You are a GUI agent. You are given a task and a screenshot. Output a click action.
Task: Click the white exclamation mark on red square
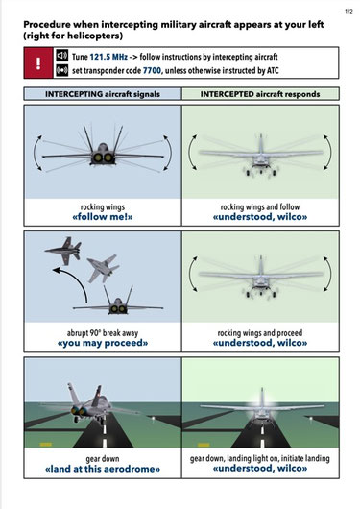38,63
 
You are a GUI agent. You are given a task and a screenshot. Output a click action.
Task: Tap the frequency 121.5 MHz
108,57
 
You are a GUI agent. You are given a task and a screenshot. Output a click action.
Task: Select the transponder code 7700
152,70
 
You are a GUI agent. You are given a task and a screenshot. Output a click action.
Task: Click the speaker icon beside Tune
61,56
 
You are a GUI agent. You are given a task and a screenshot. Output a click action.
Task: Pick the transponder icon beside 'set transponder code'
61,70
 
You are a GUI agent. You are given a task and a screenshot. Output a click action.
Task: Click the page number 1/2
348,12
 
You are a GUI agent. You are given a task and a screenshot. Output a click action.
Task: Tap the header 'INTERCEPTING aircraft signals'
103,94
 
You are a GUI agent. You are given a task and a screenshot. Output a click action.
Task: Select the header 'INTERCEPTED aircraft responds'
260,94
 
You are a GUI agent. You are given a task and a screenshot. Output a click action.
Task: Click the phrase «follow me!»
103,217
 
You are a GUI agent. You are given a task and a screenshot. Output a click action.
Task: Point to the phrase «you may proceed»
103,343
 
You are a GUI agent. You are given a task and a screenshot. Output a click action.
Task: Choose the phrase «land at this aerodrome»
103,469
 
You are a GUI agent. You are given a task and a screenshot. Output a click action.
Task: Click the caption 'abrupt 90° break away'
103,333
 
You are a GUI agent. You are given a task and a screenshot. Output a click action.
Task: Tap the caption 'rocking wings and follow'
260,207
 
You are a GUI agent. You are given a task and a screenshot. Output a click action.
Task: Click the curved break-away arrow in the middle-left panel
79,279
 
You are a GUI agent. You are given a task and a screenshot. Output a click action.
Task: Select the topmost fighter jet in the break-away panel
64,251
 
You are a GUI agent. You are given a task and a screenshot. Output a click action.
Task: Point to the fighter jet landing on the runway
91,403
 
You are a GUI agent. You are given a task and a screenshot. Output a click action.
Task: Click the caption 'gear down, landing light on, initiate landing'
260,458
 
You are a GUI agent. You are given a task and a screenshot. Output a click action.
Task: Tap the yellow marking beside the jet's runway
45,444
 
